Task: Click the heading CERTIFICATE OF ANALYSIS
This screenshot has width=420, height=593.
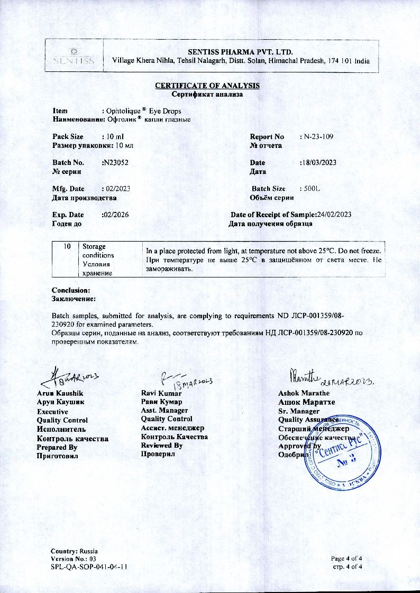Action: point(207,86)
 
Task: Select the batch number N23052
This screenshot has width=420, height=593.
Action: point(115,163)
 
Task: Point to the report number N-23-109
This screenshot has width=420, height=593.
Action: point(316,137)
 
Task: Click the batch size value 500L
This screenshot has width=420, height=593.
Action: point(311,189)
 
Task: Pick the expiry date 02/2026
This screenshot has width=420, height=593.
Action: point(115,215)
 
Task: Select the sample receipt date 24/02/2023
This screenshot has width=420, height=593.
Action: point(334,215)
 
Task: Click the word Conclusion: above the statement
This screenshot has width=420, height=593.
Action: point(71,290)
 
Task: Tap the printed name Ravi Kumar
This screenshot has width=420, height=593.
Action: point(161,393)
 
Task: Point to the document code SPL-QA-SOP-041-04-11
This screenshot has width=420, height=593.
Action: point(88,567)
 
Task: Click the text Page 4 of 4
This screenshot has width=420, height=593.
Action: point(350,559)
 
